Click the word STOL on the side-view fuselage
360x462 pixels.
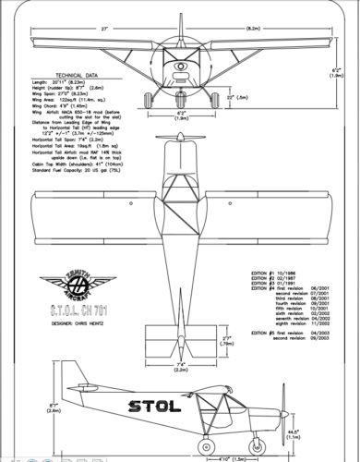tap(157, 405)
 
